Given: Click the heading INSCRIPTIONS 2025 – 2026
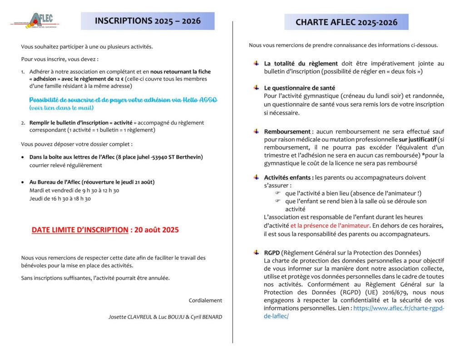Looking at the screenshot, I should (x=147, y=21).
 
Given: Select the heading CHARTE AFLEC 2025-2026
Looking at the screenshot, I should (x=346, y=22).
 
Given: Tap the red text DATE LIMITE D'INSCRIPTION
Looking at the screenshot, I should (x=79, y=230).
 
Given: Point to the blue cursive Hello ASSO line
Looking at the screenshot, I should (x=123, y=100).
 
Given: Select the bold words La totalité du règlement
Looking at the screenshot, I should (x=301, y=64).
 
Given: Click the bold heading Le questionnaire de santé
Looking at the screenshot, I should (x=300, y=88).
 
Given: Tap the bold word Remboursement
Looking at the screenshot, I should (x=287, y=131).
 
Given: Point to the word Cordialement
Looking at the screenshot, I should (x=205, y=300).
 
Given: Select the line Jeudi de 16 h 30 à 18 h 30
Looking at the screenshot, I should (x=60, y=199).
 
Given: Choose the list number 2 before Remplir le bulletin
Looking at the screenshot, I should (x=23, y=123).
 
